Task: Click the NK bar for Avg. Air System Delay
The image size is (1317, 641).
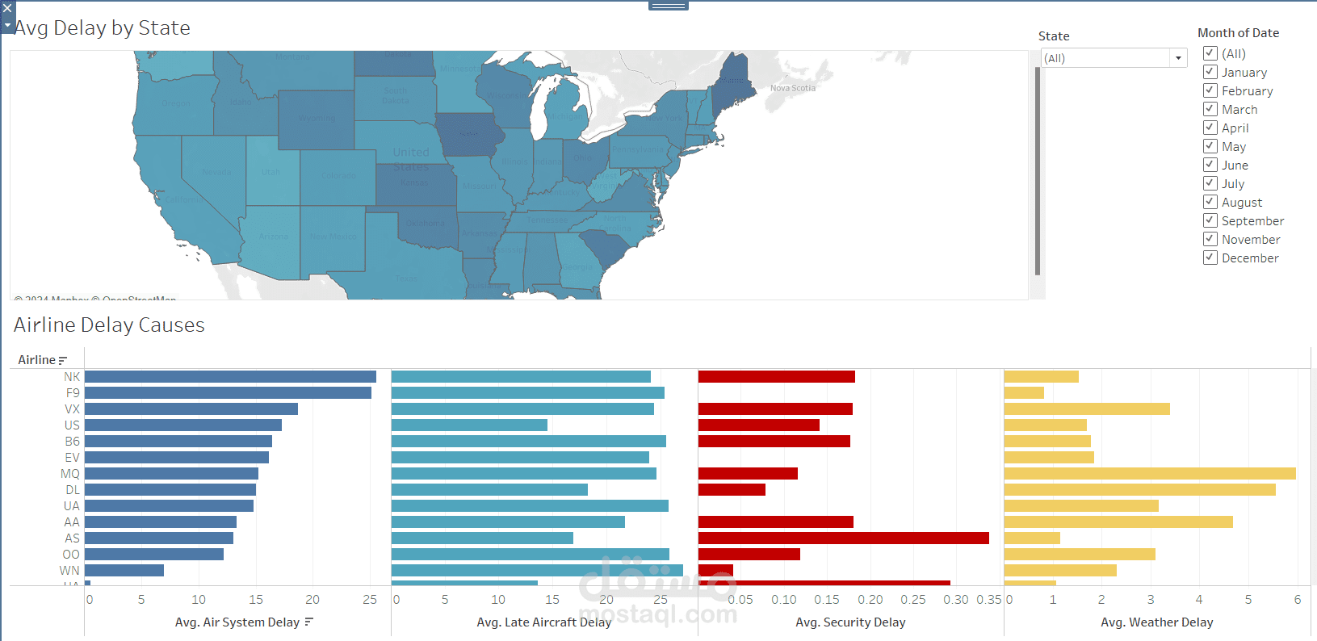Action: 230,377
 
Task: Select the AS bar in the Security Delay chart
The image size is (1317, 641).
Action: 843,538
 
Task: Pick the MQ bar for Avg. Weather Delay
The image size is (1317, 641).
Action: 1149,474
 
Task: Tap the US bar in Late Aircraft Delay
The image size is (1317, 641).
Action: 469,425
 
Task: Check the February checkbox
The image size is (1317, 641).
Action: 1210,91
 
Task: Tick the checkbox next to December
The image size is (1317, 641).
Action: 1210,258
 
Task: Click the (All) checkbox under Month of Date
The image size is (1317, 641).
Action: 1210,54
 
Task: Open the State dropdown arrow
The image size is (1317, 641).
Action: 1178,58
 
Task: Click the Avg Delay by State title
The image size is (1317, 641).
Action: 103,28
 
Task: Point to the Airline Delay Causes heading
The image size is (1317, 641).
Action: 109,325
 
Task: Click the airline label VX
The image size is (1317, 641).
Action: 72,409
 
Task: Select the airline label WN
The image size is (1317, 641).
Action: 69,571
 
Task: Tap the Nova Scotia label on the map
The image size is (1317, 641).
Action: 792,88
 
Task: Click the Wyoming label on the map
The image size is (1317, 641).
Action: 317,119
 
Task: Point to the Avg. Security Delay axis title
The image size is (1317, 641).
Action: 850,622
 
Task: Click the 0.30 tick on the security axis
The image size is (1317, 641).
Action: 955,600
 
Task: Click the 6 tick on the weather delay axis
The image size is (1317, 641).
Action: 1297,600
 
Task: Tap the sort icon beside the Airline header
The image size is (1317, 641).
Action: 63,361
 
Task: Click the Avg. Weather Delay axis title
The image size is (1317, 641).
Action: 1156,622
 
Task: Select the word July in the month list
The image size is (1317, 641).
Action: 1232,184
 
